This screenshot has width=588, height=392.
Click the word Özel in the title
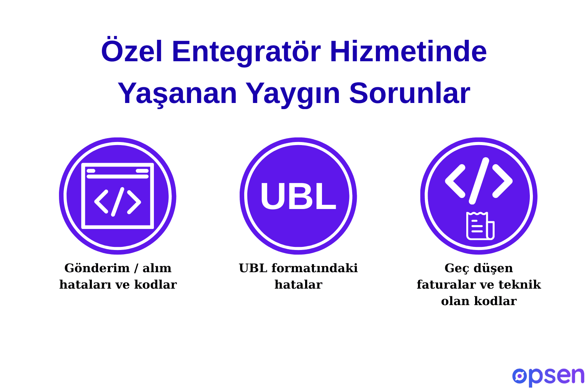coord(132,52)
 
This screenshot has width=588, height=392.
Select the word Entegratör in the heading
coord(246,52)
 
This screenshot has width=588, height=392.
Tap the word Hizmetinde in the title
coord(408,52)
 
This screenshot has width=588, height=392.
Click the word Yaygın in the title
coord(293,93)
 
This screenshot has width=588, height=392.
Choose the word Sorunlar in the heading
coord(409,93)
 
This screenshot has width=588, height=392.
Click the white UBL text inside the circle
coord(298,196)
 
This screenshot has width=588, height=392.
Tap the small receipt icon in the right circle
coord(480,226)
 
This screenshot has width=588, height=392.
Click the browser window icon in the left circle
coord(118,196)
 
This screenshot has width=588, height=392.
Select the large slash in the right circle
coord(479,180)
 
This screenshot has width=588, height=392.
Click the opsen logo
coord(548,377)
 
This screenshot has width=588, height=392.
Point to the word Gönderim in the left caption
coord(97,268)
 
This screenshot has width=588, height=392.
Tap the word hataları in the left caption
coord(84,285)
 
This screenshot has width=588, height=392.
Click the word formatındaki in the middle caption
coord(314,268)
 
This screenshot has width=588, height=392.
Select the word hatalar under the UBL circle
coord(298,285)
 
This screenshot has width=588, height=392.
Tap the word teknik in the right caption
coord(525,285)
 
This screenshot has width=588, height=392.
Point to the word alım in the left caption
coord(157,268)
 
